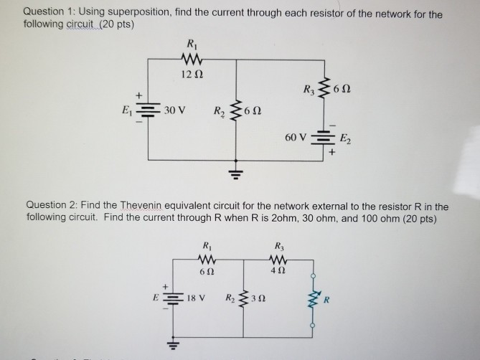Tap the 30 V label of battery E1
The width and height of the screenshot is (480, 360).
click(175, 111)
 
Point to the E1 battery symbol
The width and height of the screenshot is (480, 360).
click(149, 111)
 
